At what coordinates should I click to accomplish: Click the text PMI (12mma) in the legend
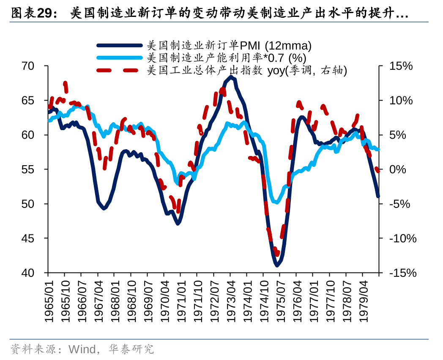click(276, 45)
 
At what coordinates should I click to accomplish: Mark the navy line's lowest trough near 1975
click(277, 265)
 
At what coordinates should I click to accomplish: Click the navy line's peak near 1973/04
click(230, 77)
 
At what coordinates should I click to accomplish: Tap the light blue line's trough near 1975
click(276, 202)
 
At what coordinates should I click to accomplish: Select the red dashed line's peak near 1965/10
click(65, 83)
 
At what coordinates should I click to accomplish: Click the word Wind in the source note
click(82, 349)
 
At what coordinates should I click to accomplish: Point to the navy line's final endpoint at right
click(378, 196)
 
